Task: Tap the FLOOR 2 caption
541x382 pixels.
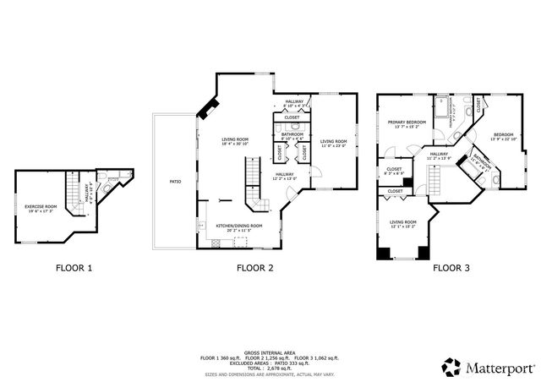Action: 254,269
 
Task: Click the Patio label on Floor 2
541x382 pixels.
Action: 175,181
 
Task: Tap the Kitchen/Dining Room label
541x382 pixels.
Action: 238,227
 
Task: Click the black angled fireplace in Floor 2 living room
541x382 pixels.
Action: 208,106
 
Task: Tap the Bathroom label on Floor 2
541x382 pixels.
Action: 292,135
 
